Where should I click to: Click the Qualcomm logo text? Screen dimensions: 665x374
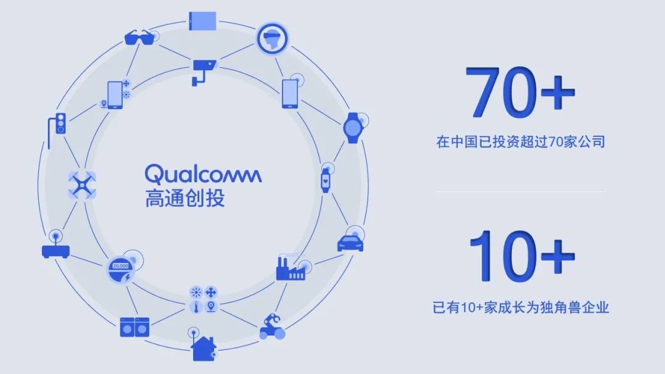point(203,173)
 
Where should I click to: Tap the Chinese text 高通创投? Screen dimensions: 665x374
point(184,198)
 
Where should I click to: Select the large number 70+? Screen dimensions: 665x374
point(521,93)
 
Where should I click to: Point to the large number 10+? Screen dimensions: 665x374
point(522,256)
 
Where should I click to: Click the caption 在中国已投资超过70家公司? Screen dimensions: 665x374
point(521,141)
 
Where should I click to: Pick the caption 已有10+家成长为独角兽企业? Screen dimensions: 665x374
point(521,307)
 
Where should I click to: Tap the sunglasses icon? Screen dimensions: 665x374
point(139,38)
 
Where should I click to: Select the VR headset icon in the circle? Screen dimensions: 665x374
point(272,39)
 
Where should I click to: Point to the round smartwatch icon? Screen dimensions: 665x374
point(352,128)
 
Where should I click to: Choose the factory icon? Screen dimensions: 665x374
point(291,268)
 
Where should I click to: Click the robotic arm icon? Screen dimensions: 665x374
point(272,326)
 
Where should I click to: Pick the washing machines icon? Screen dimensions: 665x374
point(134,327)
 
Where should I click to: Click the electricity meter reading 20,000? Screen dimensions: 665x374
point(121,270)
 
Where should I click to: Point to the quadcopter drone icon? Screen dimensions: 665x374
point(82,185)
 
